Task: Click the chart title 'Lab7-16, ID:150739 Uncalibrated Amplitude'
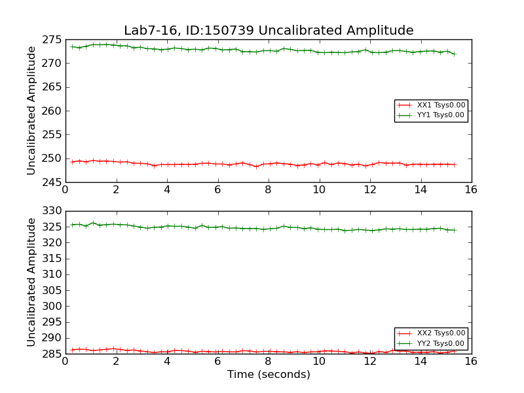click(269, 31)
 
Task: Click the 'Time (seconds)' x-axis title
click(269, 375)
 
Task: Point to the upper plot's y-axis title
click(31, 111)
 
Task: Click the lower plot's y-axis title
click(31, 282)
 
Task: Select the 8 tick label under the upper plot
click(268, 190)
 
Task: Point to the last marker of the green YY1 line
click(455, 54)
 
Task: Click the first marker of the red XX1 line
click(71, 162)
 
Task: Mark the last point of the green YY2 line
click(455, 230)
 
